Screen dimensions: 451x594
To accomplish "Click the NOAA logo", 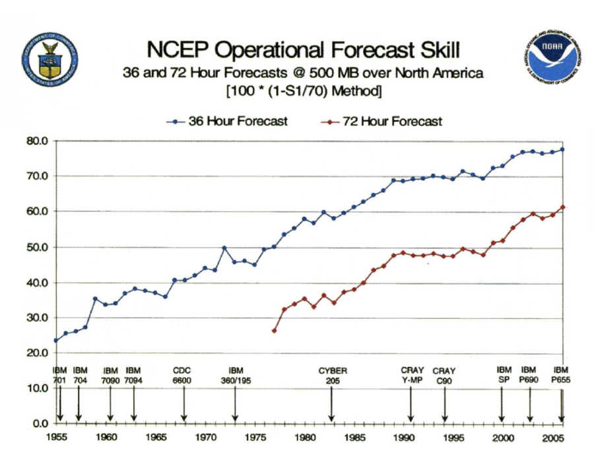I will pyautogui.click(x=553, y=58).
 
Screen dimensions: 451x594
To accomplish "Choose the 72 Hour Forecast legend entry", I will pyautogui.click(x=382, y=121).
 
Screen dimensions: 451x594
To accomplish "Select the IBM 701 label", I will pyautogui.click(x=60, y=376).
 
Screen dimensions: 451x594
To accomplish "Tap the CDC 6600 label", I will pyautogui.click(x=182, y=376).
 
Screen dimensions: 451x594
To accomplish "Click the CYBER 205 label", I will pyautogui.click(x=333, y=376).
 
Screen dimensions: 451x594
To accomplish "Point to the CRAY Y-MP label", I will pyautogui.click(x=412, y=376).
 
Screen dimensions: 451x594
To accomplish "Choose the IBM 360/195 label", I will pyautogui.click(x=236, y=376).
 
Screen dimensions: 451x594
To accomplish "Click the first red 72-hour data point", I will pyautogui.click(x=274, y=330).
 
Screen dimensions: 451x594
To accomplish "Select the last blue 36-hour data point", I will pyautogui.click(x=562, y=149).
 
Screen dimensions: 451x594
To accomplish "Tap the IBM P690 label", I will pyautogui.click(x=529, y=376).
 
